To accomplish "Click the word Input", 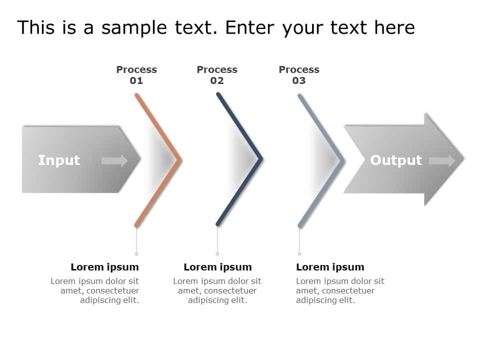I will coord(59,160).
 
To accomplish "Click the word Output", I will coord(396,160).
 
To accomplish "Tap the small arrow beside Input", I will coord(114,160).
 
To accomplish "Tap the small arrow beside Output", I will coord(442,160).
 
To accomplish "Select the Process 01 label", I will coord(136,75).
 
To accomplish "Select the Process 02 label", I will coord(217,75).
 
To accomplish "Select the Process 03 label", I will coord(299,75).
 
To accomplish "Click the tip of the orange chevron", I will coord(179,160).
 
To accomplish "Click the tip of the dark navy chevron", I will coord(260,160).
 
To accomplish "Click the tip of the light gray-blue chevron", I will coord(343,160).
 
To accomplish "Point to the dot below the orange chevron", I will coord(136,254).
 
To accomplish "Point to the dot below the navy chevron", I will coord(217,254).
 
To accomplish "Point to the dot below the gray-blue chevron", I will coord(299,254).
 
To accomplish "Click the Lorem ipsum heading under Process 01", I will coord(104,267).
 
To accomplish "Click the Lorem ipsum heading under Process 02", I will coord(217,267).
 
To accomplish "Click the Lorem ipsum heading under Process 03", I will coord(330,267).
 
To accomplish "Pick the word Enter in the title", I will coord(251,28).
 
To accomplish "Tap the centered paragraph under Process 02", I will coord(217,290).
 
